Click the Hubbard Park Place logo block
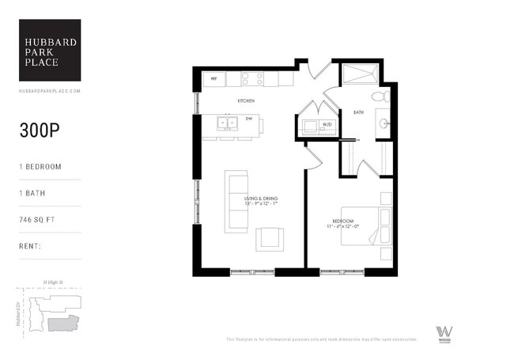(x=50, y=50)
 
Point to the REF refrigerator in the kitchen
(x=214, y=79)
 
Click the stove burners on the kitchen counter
(x=251, y=79)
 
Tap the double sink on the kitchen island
(x=227, y=123)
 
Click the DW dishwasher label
(x=248, y=119)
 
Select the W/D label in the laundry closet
(x=305, y=124)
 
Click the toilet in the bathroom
(x=380, y=97)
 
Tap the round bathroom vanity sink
(x=383, y=123)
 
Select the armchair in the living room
(x=269, y=238)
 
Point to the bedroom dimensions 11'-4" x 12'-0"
(x=342, y=227)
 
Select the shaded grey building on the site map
(x=63, y=323)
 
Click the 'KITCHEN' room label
(x=246, y=101)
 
